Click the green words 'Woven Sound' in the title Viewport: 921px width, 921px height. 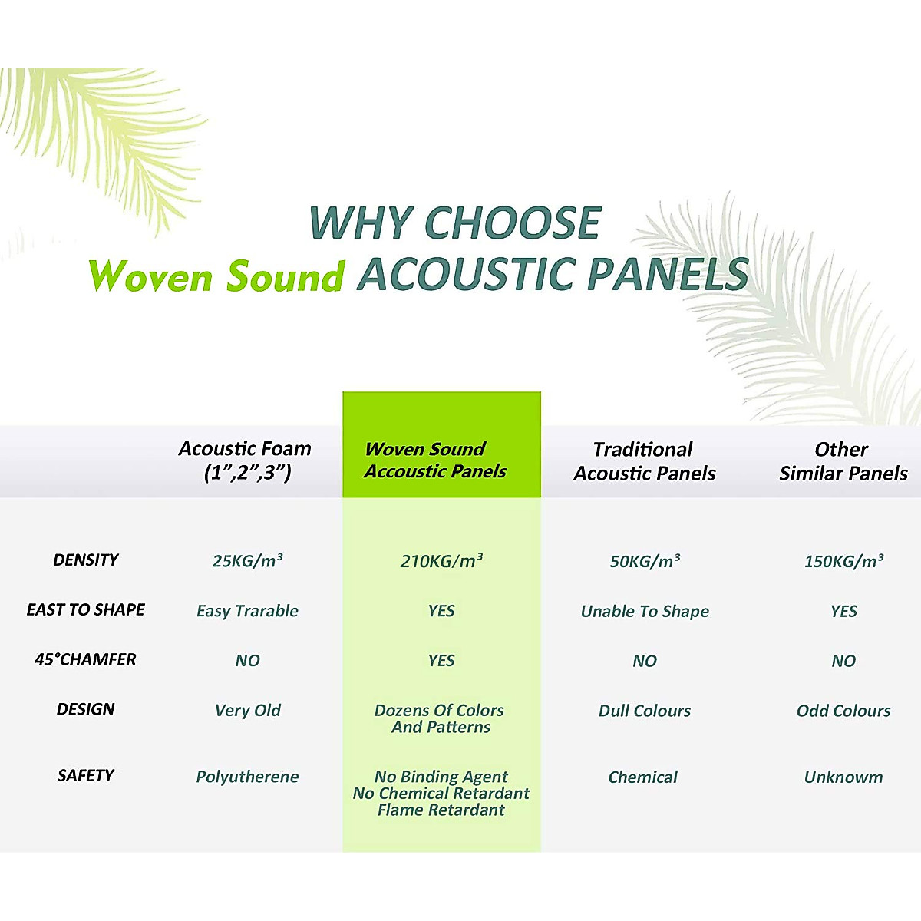[216, 276]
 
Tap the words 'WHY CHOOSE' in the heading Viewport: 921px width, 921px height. [454, 223]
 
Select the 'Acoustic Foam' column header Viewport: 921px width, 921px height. [246, 460]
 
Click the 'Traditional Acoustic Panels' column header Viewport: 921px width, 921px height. [644, 461]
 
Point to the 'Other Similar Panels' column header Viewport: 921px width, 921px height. [843, 461]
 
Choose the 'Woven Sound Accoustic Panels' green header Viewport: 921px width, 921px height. [435, 460]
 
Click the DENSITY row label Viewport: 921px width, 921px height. [86, 560]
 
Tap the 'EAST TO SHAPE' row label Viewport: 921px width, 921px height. [86, 610]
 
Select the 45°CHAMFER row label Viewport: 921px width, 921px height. [86, 660]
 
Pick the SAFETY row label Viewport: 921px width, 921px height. [86, 776]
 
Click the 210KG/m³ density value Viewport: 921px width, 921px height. [441, 561]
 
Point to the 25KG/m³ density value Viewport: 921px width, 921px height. [247, 561]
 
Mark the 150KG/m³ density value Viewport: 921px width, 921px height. [843, 561]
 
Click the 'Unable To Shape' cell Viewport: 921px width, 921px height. [645, 612]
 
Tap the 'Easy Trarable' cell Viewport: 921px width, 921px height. [247, 612]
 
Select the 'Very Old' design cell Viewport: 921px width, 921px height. [247, 711]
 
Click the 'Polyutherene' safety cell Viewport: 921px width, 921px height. [247, 777]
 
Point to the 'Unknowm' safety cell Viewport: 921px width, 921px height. [843, 777]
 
